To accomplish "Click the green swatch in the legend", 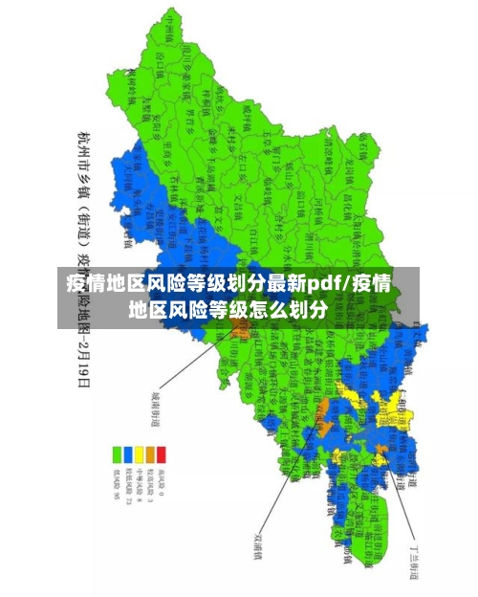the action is (118, 453).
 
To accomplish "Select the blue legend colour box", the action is (128, 453).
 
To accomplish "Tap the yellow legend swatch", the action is (139, 453).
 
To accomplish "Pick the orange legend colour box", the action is (150, 453).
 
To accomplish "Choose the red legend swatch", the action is (161, 453).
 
